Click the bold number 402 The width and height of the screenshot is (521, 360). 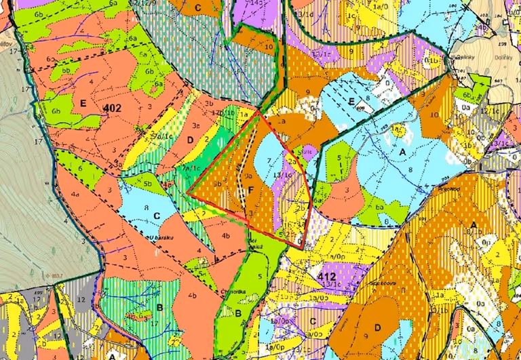pos(113,108)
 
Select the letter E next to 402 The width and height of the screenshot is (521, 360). pos(83,104)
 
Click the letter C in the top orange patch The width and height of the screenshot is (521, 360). pos(197,7)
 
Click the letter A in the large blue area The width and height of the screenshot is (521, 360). pos(402,153)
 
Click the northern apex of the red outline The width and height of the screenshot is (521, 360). pos(259,112)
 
